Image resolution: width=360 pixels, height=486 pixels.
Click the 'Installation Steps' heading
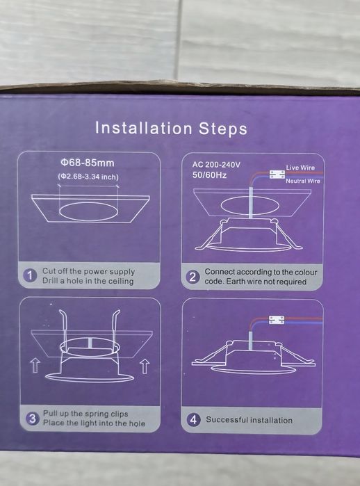pyautogui.click(x=171, y=128)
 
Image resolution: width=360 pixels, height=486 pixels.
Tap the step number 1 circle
pyautogui.click(x=30, y=275)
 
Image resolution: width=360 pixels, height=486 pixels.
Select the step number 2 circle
pyautogui.click(x=193, y=277)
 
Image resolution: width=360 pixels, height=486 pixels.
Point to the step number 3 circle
pyautogui.click(x=32, y=419)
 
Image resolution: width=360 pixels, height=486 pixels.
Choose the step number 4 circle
pyautogui.click(x=194, y=420)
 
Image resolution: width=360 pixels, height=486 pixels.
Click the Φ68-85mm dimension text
pyautogui.click(x=88, y=163)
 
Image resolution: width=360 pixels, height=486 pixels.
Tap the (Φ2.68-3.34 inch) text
pyautogui.click(x=88, y=177)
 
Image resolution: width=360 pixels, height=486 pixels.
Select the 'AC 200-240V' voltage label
pyautogui.click(x=216, y=165)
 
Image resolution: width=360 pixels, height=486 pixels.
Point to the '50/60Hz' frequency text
pyautogui.click(x=209, y=175)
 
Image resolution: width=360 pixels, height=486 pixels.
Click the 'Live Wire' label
pyautogui.click(x=300, y=168)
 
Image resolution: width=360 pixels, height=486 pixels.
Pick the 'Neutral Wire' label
pyautogui.click(x=303, y=181)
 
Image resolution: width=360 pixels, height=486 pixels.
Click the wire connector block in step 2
pyautogui.click(x=277, y=175)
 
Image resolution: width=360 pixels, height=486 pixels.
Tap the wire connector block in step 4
pyautogui.click(x=277, y=320)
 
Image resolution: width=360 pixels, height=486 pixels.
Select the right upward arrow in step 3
pyautogui.click(x=145, y=366)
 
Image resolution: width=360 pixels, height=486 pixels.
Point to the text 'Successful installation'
pyautogui.click(x=249, y=420)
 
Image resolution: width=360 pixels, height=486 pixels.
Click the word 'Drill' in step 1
pyautogui.click(x=49, y=281)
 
